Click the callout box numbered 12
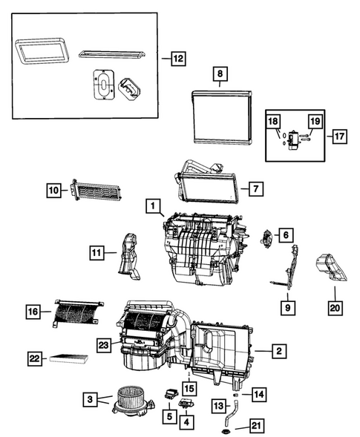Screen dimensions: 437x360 pos(176,58)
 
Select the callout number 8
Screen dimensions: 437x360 pos(219,74)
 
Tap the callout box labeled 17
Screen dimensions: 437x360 pos(338,136)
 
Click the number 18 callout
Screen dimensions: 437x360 pos(273,121)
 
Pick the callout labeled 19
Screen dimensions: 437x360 pos(314,121)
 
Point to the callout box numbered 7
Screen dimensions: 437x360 pos(253,189)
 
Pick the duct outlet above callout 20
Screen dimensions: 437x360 pos(328,266)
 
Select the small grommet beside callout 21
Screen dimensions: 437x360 pos(223,432)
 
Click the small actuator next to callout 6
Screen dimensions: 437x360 pos(266,237)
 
